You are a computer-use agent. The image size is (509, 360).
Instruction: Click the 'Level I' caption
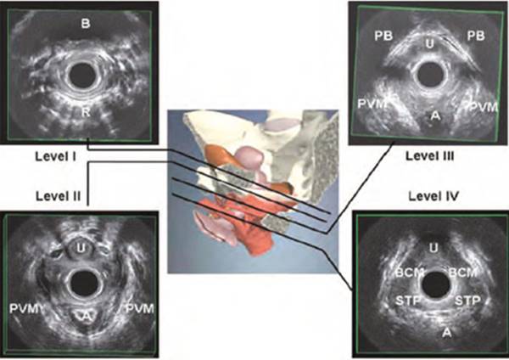coord(55,156)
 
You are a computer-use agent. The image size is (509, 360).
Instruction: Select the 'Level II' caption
coord(58,196)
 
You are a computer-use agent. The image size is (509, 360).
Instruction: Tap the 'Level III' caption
coord(430,156)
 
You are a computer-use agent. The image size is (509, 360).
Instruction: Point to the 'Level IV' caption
coord(433,196)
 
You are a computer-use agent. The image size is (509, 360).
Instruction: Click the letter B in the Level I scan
coord(86,24)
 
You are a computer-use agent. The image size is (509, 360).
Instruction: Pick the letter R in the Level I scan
coord(86,112)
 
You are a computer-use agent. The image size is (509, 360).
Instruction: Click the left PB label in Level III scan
coord(383,36)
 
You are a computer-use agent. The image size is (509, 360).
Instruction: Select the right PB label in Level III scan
coord(476,36)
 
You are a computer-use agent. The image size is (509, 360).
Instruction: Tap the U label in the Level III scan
coord(430,43)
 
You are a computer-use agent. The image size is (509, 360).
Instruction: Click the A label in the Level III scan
coord(436,115)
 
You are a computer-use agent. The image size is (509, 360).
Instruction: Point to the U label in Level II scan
coord(81,249)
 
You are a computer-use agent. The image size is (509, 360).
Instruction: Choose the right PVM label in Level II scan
coord(140,308)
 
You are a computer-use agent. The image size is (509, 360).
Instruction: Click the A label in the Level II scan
coord(86,316)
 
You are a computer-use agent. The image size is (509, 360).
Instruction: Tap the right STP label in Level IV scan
coord(467,301)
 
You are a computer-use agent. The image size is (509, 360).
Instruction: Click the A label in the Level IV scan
coord(447,332)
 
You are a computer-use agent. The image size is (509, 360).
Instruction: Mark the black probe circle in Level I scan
coord(82,76)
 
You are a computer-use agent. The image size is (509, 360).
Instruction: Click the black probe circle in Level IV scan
coord(436,285)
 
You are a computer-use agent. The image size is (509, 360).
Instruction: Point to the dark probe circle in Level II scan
coord(84,284)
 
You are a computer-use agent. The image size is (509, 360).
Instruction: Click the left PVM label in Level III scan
coord(372,104)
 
